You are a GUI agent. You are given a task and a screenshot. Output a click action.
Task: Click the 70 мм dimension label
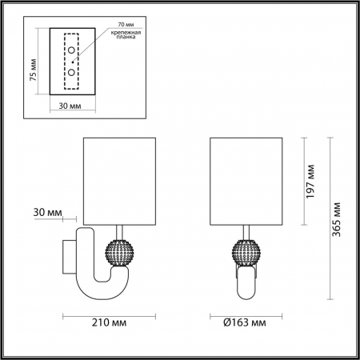click(x=125, y=24)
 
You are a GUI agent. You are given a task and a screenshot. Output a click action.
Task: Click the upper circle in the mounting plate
click(x=72, y=50)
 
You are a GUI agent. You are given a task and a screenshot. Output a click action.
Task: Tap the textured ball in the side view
click(x=121, y=255)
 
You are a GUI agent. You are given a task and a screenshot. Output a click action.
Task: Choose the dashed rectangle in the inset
click(x=73, y=62)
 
